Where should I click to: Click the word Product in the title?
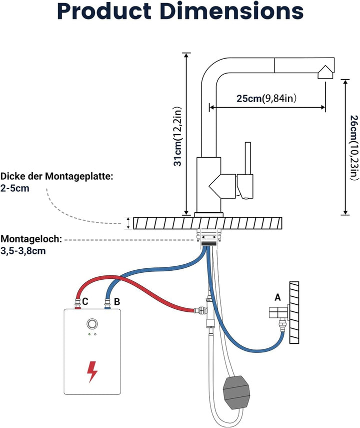(104, 11)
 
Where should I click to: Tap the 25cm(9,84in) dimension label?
(266, 98)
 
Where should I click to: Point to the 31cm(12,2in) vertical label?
(177, 136)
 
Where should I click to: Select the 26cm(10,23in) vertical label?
(354, 148)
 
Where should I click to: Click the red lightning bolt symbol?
(92, 371)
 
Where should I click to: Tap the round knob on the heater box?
(92, 324)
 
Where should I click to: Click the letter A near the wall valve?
(277, 297)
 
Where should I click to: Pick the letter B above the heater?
(116, 302)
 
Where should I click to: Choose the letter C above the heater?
(85, 302)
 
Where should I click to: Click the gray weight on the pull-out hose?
(236, 392)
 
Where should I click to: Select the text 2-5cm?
(14, 188)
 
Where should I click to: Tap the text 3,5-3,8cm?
(23, 251)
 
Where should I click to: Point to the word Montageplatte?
(79, 176)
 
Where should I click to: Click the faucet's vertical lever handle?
(248, 158)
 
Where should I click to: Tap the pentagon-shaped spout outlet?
(325, 72)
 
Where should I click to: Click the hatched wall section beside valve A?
(294, 313)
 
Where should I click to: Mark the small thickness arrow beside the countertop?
(128, 223)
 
